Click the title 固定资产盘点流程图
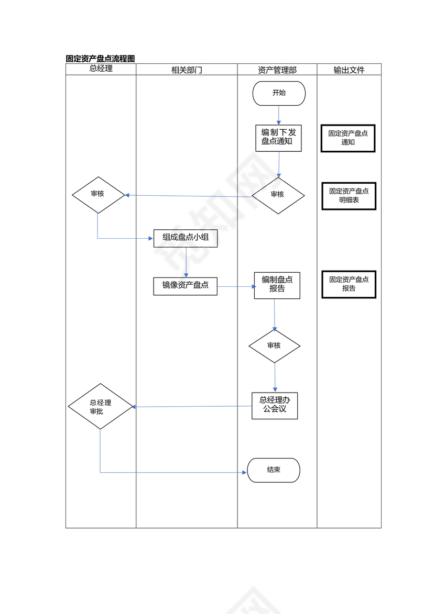(x=100, y=59)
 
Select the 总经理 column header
(x=101, y=69)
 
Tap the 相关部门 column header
(x=187, y=70)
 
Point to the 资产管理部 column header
(x=277, y=70)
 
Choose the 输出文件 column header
(x=349, y=70)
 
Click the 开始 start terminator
(x=279, y=93)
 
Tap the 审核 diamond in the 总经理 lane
(x=98, y=195)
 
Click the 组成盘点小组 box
(x=185, y=238)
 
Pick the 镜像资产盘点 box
(x=185, y=286)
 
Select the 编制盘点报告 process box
(x=277, y=285)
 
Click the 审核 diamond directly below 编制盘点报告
(x=274, y=346)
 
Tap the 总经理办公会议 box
(x=275, y=406)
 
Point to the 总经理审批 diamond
(x=100, y=407)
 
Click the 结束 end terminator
(x=274, y=470)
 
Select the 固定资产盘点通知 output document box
(x=348, y=138)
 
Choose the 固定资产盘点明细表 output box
(x=349, y=196)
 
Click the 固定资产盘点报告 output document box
(x=349, y=284)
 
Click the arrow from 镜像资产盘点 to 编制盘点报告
(x=236, y=286)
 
